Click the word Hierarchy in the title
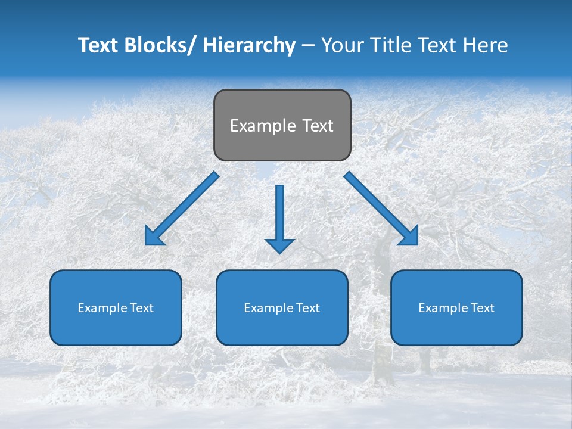tap(249, 45)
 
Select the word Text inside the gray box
tap(317, 126)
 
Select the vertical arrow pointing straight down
tap(279, 214)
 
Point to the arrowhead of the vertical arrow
tap(279, 245)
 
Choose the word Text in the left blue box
tap(141, 308)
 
